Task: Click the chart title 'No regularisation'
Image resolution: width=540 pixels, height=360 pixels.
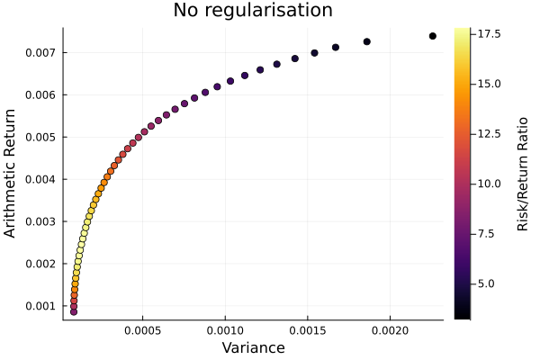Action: point(253,11)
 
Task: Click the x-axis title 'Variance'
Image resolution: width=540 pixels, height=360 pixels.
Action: point(253,347)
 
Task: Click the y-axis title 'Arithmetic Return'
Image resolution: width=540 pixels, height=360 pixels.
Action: point(11,174)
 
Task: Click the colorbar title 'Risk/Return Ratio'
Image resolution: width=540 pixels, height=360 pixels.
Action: point(522,174)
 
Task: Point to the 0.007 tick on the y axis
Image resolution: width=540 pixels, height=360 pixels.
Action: point(40,52)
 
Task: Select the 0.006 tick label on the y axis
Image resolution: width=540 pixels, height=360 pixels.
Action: point(40,94)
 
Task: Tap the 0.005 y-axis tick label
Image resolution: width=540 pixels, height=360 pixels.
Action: point(40,137)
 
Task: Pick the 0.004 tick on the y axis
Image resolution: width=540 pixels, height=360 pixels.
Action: point(40,179)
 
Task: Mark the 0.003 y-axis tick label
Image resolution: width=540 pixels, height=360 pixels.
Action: point(40,221)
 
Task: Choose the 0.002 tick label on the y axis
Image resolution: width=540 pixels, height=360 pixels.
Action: point(40,264)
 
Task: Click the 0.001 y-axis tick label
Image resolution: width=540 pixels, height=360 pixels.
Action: point(40,306)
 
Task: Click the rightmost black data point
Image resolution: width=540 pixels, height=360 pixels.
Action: point(433,36)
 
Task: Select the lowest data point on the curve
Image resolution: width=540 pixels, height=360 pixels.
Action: point(73,311)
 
